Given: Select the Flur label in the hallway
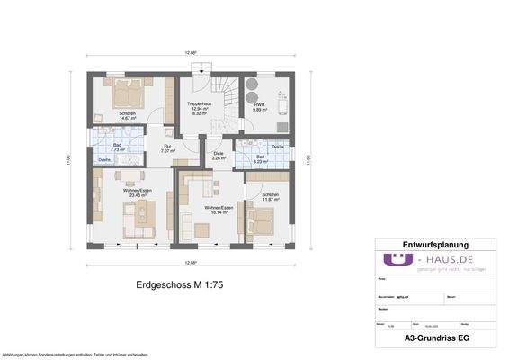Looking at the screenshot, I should coord(167,148).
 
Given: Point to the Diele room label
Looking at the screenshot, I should coord(218,156).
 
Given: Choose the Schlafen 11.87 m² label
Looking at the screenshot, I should coord(271,197).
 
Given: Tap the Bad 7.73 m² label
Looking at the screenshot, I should coord(116,148).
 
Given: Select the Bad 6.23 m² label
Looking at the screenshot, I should coord(260,159).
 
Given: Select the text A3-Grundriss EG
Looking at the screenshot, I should coord(434,337).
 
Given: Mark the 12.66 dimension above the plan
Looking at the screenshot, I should coord(191,53).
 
